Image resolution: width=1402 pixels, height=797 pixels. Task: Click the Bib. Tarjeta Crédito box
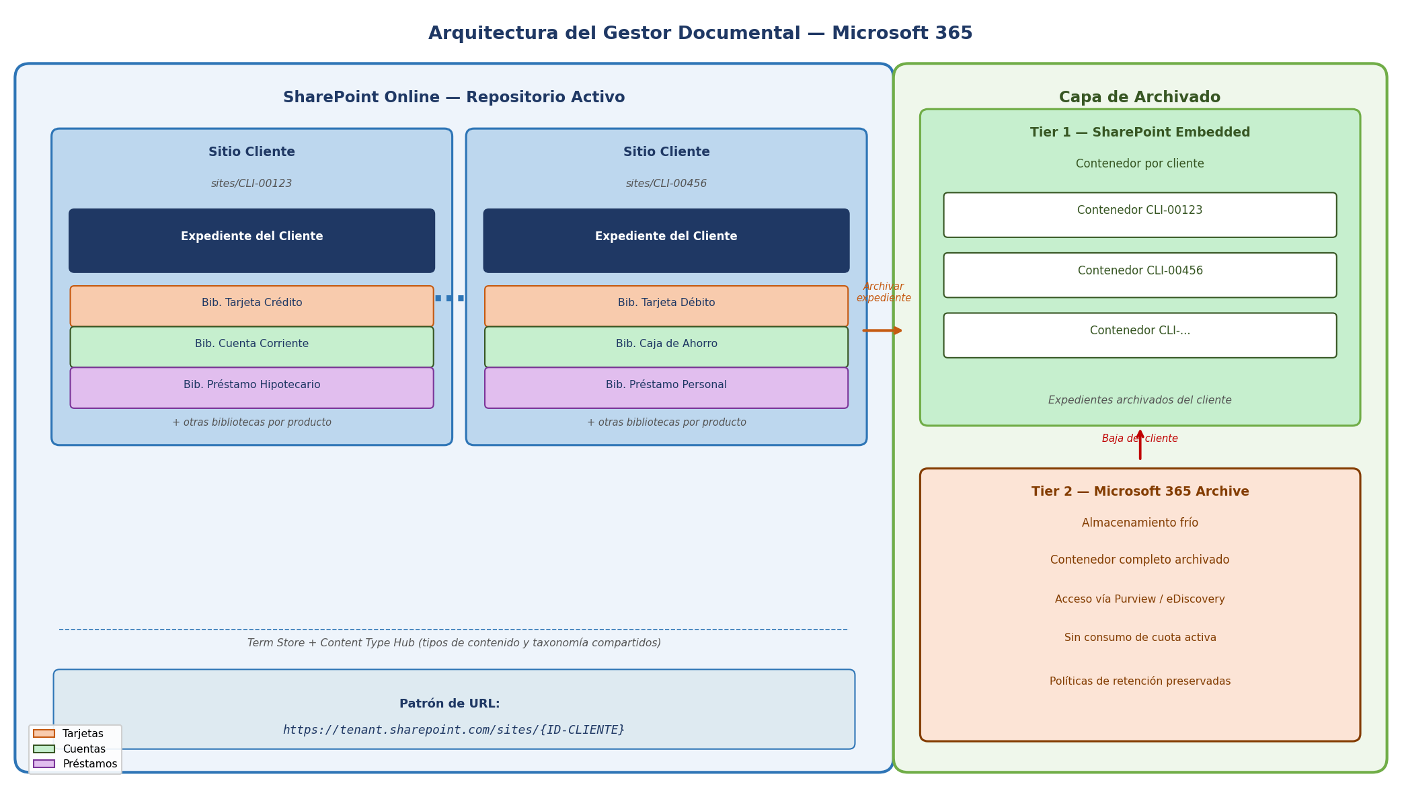251,306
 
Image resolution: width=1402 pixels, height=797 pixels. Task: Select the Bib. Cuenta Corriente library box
251,347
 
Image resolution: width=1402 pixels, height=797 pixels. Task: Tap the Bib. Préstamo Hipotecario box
251,387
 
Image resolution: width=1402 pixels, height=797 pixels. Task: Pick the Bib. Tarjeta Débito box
666,306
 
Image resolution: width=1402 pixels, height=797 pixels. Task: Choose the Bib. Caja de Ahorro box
666,347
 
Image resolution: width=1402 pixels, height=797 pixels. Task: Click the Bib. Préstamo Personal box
666,387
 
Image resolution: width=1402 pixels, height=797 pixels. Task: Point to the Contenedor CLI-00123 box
1140,215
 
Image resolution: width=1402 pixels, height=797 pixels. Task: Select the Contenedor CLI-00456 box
1140,275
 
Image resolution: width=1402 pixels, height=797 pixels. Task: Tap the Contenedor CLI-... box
1140,335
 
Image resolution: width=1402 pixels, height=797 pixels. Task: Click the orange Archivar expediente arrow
882,330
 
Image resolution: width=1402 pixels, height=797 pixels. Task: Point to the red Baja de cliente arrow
1140,445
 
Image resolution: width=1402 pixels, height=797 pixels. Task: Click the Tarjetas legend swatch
44,734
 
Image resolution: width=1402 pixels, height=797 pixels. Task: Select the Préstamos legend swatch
44,764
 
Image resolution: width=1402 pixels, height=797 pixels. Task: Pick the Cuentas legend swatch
44,749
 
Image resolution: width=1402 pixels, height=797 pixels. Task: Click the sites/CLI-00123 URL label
251,184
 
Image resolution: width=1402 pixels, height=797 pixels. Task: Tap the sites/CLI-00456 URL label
666,184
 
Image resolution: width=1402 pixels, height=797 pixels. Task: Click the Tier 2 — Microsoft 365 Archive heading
1140,492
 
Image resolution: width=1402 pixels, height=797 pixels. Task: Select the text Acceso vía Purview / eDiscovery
1140,599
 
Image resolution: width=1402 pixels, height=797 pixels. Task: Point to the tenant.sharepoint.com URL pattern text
454,730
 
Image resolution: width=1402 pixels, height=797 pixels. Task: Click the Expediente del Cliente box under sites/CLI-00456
666,241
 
